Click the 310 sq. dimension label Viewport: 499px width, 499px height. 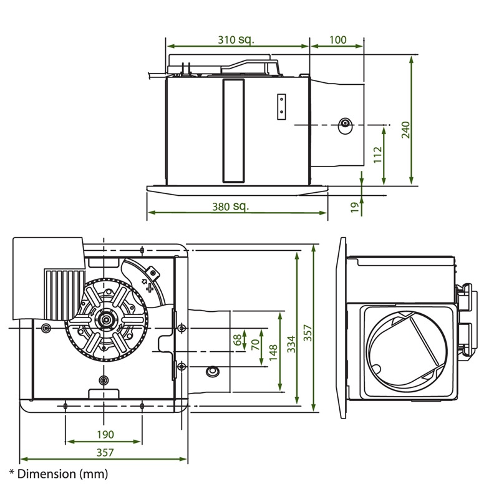(x=236, y=40)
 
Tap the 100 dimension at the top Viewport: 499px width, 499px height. (x=337, y=40)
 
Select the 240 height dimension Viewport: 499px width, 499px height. (x=406, y=129)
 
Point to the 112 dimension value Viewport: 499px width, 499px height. (x=377, y=155)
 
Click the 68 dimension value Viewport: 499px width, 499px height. (x=237, y=341)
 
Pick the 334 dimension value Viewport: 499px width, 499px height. (x=291, y=340)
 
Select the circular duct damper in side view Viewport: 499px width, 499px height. (x=406, y=352)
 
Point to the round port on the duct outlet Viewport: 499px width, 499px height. (x=344, y=125)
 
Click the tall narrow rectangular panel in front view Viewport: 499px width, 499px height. (x=234, y=131)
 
